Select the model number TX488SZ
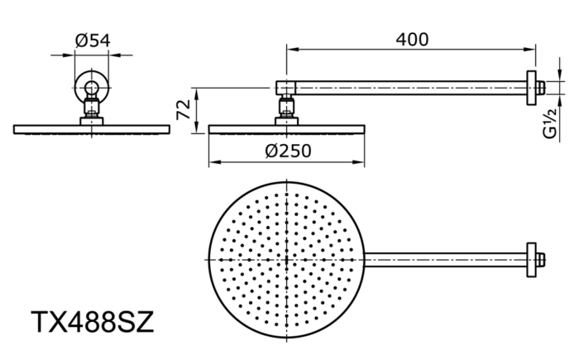tap(92, 321)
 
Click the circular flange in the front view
tap(91, 86)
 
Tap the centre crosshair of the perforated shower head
tap(287, 259)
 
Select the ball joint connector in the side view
tap(287, 107)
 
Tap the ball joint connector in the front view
tap(91, 107)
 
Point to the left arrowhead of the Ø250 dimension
tap(213, 161)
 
